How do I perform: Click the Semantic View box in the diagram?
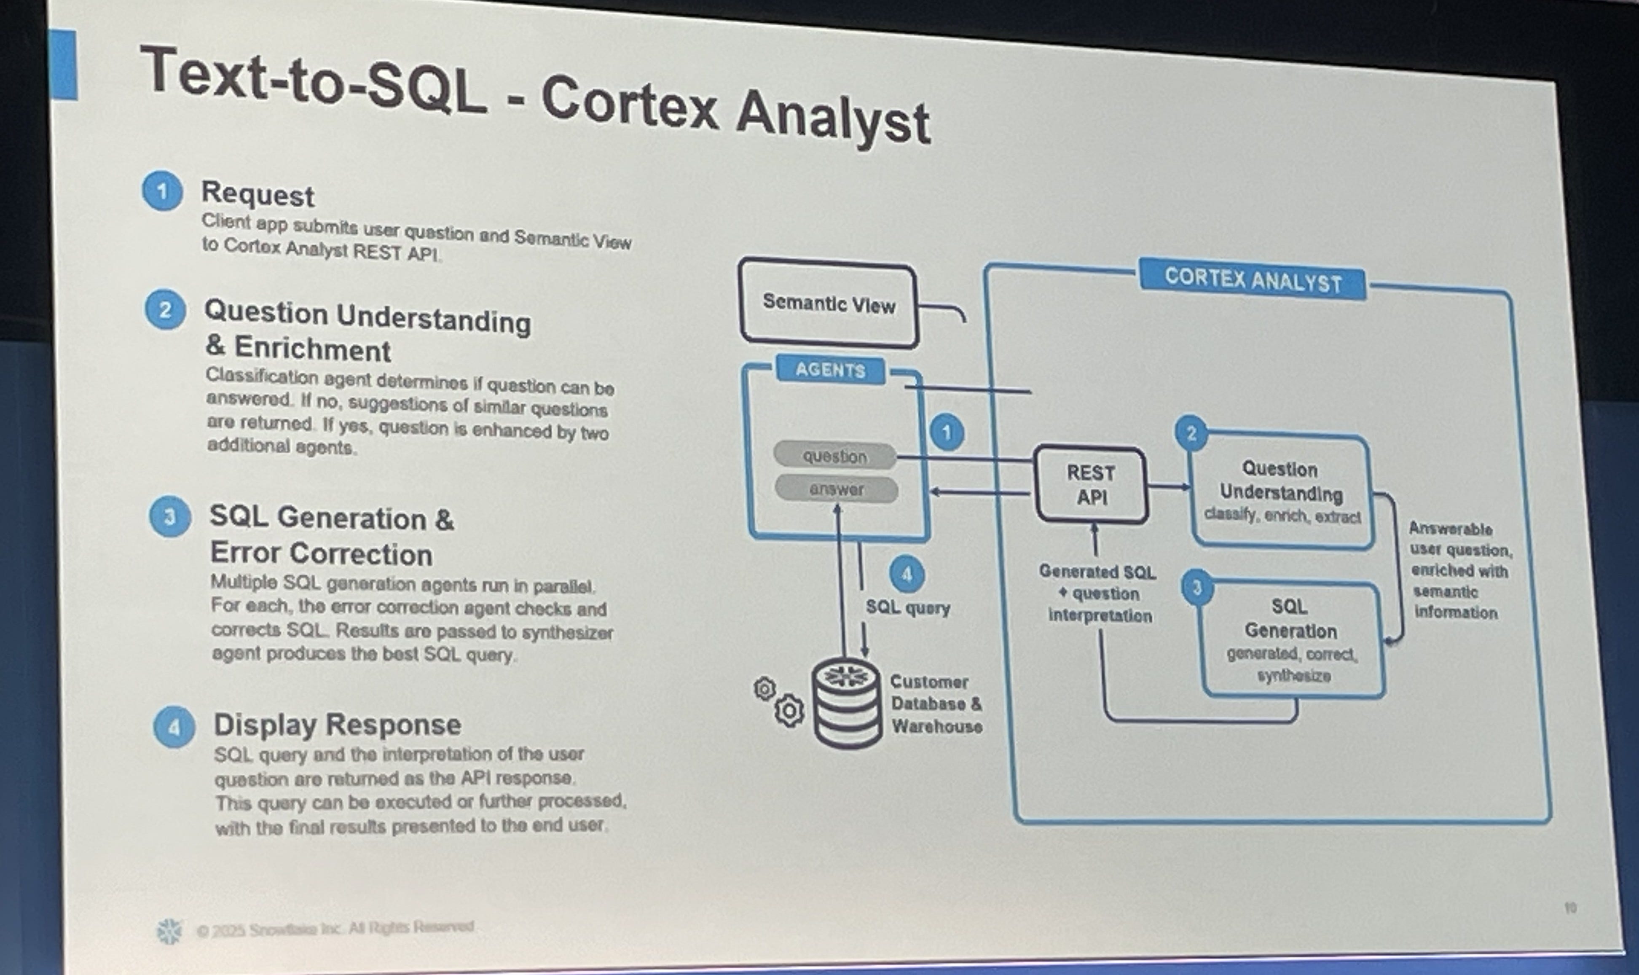tap(829, 303)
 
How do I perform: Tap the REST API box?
tap(1091, 485)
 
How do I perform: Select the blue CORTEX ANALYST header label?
tap(1252, 281)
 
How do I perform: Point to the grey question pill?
tap(834, 456)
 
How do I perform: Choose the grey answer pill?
tap(836, 489)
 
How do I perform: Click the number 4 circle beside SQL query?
tap(907, 575)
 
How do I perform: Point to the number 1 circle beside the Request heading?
tap(161, 191)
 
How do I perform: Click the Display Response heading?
tap(337, 725)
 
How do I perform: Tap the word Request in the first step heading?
tap(258, 194)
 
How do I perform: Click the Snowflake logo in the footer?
tap(169, 930)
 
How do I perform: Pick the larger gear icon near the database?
tap(789, 710)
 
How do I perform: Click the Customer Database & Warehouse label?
tap(936, 704)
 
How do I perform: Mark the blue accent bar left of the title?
tap(64, 64)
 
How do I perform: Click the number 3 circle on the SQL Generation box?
tap(1197, 587)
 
